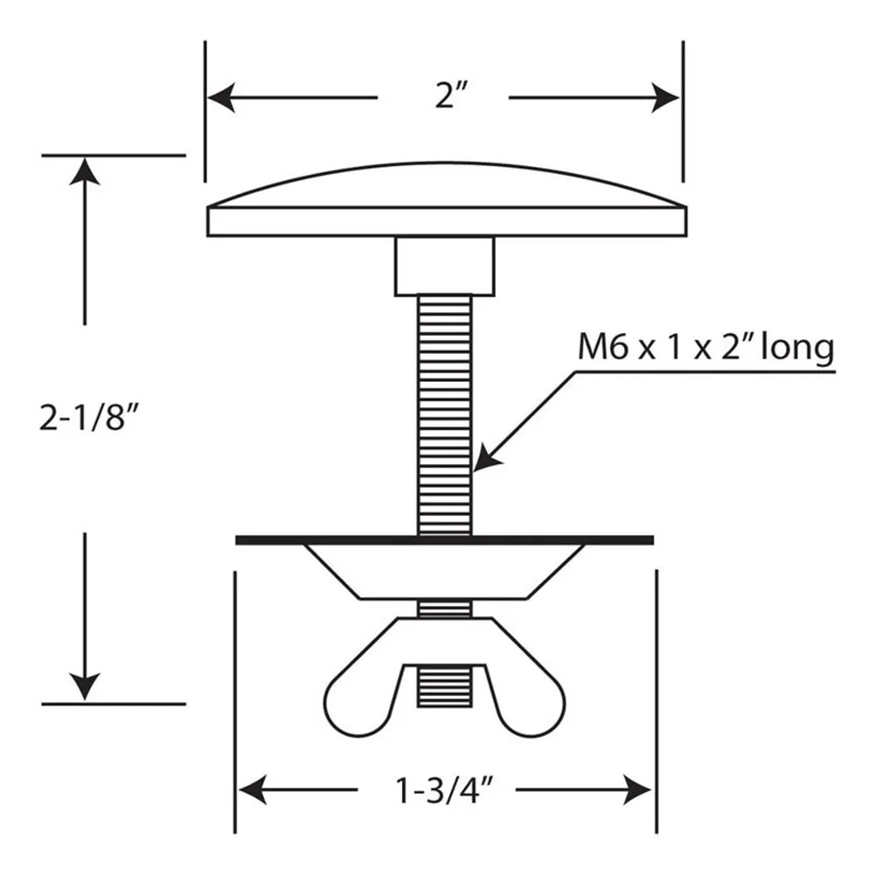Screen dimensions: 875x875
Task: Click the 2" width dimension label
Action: (x=451, y=95)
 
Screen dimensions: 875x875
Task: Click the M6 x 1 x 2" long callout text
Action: (x=706, y=348)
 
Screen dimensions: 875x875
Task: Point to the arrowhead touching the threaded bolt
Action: (x=487, y=457)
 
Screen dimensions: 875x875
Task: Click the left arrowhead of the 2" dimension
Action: (x=221, y=98)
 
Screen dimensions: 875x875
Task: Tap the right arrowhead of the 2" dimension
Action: (x=666, y=98)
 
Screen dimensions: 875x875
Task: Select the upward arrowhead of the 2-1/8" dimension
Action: (x=85, y=170)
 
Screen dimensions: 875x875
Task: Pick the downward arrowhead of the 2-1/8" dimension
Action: (x=85, y=686)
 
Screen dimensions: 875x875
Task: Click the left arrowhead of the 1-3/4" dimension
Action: (x=252, y=789)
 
